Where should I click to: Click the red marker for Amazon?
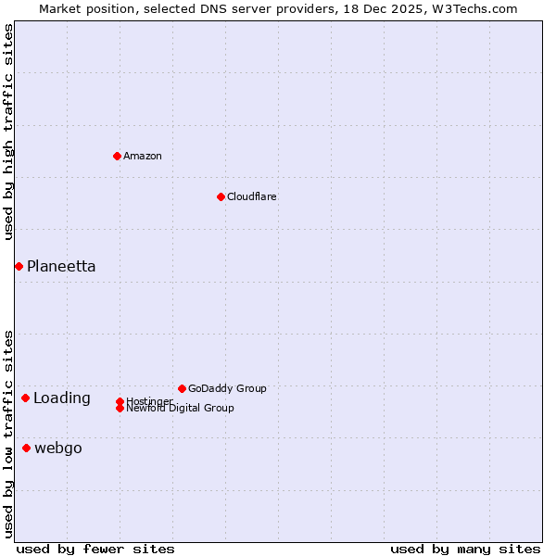[x=117, y=156]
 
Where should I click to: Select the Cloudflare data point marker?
[x=221, y=196]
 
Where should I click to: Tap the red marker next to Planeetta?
[x=19, y=266]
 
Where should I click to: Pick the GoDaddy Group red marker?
[x=182, y=388]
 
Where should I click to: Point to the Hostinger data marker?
[x=120, y=401]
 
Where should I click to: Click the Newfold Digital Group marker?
[x=120, y=408]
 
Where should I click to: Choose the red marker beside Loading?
[x=25, y=398]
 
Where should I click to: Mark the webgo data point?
[x=26, y=448]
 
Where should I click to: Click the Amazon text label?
[x=143, y=156]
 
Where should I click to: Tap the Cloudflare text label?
[x=252, y=196]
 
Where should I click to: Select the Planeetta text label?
[x=61, y=266]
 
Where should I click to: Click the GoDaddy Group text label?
[x=227, y=388]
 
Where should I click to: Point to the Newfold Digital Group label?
[x=181, y=409]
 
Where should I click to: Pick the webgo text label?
[x=58, y=449]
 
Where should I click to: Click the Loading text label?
[x=62, y=398]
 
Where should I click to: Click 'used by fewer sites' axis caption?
[x=95, y=549]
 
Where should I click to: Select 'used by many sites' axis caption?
[x=465, y=549]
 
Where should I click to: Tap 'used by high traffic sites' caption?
[x=8, y=132]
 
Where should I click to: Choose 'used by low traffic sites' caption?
[x=8, y=433]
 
